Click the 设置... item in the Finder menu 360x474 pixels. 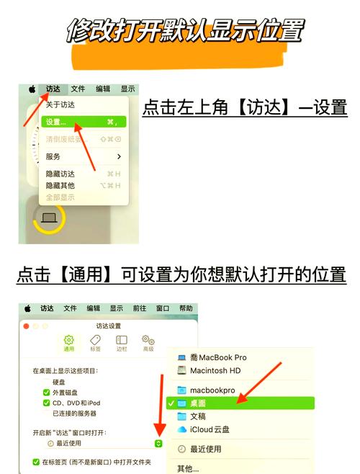tap(55, 122)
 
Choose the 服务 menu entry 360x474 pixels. tap(54, 156)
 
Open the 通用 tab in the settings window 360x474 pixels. tap(69, 343)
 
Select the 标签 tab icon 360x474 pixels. tap(95, 343)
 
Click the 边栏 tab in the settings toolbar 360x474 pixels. tap(122, 343)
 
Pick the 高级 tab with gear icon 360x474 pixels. tap(148, 343)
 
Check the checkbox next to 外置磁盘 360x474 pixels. tap(47, 393)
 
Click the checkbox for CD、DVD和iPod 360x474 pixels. tap(47, 403)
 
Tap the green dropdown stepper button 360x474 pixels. tap(158, 444)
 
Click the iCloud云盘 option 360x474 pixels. tap(210, 429)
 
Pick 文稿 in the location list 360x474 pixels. tap(197, 416)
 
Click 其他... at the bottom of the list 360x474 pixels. tap(189, 468)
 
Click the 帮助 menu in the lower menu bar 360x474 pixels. tap(186, 308)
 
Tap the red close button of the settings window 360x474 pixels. tap(26, 326)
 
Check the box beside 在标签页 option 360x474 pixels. tap(37, 462)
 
